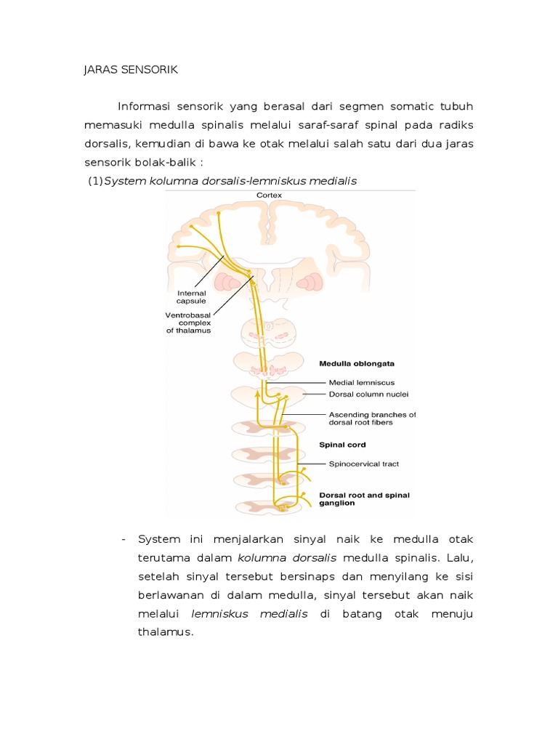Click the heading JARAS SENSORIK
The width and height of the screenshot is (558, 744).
pos(130,70)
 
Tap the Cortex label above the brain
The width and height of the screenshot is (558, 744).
pos(269,195)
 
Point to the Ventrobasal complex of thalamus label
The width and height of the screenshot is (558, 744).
pos(188,323)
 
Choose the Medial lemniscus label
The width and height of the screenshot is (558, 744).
pos(362,381)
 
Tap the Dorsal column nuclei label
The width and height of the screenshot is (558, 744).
pos(368,395)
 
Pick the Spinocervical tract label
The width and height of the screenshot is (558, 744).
pos(364,464)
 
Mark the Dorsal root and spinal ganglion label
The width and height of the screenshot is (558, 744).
pos(364,499)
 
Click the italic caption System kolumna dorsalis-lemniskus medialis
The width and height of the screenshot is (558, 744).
pos(230,181)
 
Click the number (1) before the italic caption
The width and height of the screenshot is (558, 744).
pos(94,181)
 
